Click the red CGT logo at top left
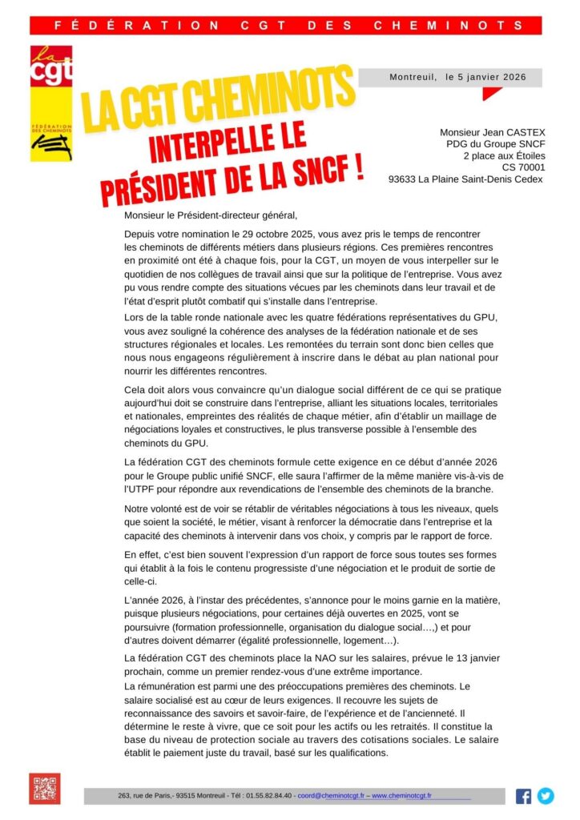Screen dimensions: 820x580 pyautogui.click(x=50, y=66)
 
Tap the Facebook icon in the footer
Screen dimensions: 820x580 pyautogui.click(x=523, y=796)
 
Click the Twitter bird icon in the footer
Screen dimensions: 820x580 pyautogui.click(x=546, y=796)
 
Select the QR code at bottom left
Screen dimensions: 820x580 pyautogui.click(x=45, y=789)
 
